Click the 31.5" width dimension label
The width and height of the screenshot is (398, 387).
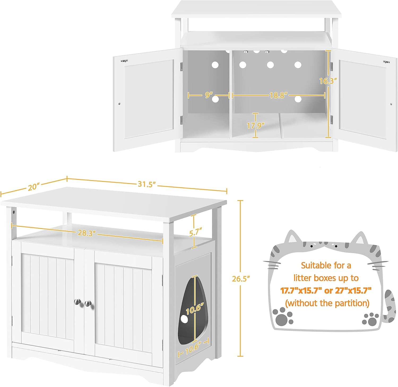click(146, 184)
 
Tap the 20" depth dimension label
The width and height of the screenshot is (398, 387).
click(34, 187)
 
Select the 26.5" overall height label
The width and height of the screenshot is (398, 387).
click(241, 279)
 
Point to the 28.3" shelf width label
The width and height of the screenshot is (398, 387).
click(87, 233)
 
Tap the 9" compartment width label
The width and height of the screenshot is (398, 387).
click(209, 95)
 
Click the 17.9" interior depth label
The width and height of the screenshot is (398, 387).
click(256, 125)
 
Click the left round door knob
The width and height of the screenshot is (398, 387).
click(77, 301)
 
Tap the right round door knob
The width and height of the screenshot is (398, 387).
click(88, 303)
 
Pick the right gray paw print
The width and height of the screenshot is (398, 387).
click(371, 319)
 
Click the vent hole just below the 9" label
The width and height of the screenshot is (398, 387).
click(215, 99)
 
